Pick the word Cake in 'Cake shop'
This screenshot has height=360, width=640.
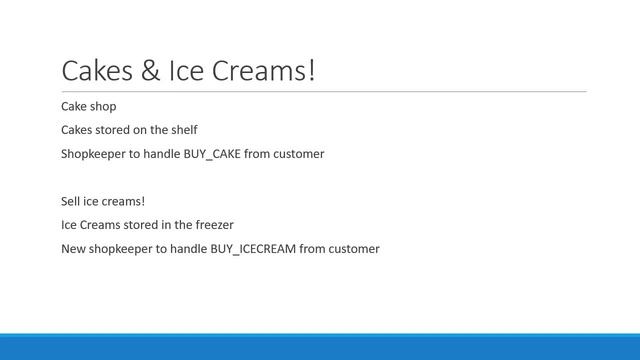pyautogui.click(x=76, y=105)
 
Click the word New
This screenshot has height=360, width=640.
pyautogui.click(x=74, y=249)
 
